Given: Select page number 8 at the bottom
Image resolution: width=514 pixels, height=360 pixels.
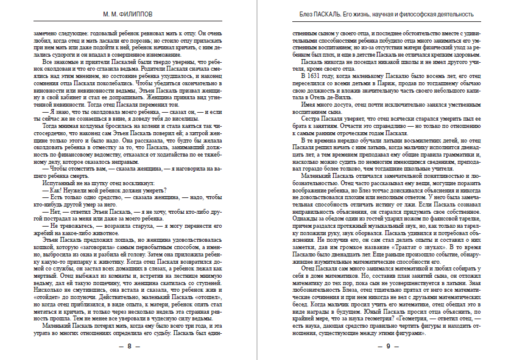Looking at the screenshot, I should coord(129,346).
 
